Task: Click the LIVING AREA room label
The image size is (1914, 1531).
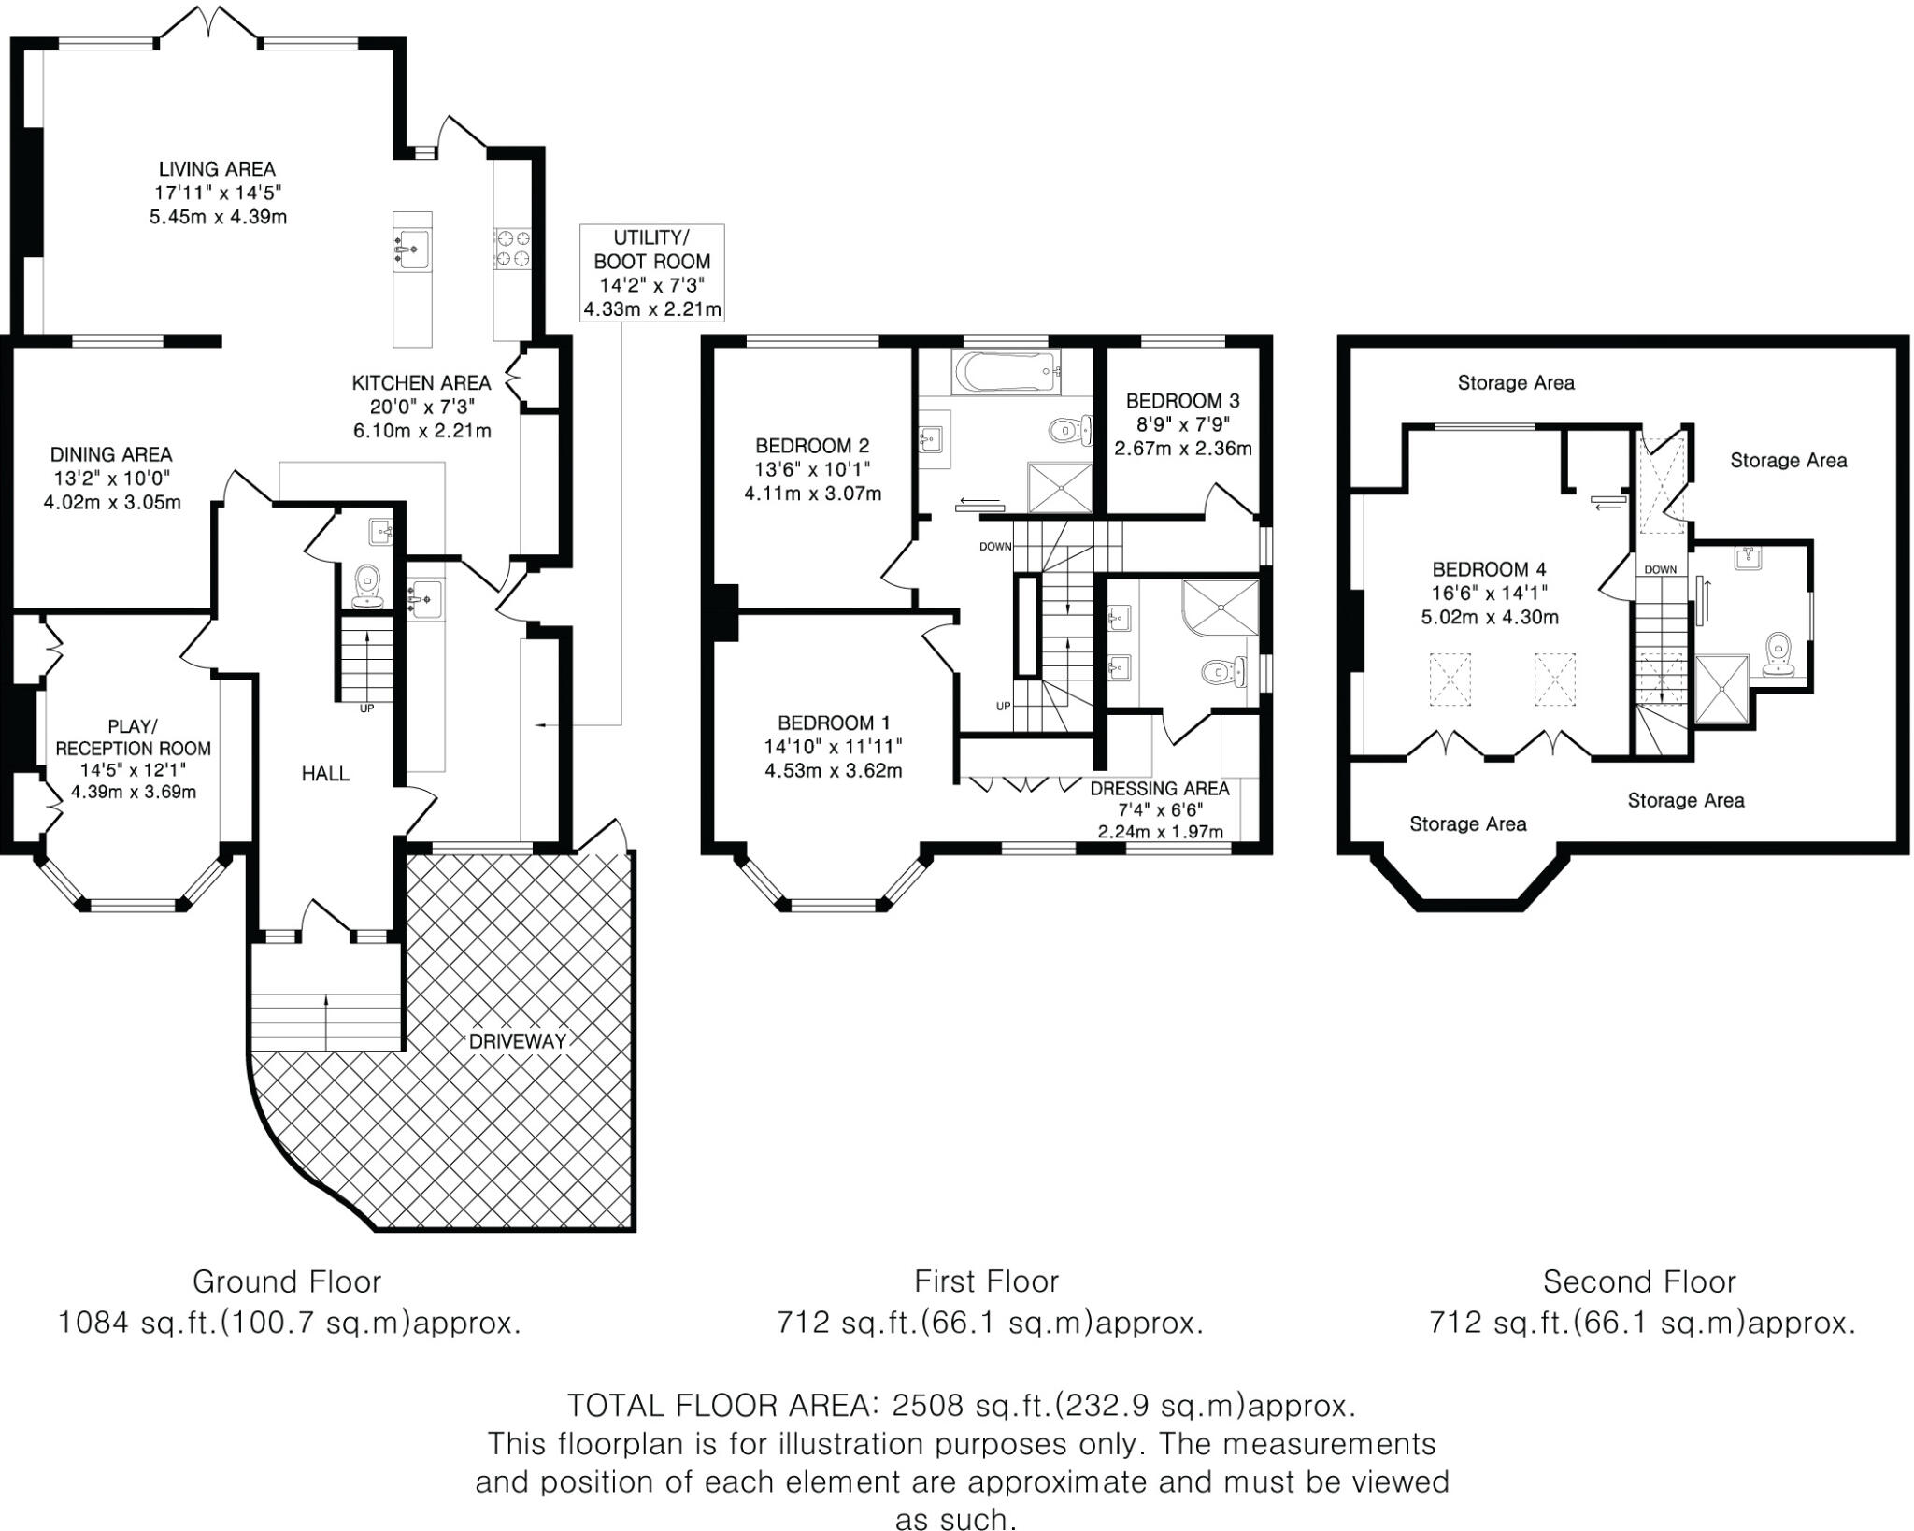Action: (217, 169)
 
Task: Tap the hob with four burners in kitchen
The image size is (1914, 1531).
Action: (511, 248)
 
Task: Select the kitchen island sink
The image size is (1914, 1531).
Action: (410, 249)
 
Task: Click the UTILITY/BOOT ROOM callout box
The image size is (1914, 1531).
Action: (651, 273)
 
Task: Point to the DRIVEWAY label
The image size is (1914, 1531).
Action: (518, 1041)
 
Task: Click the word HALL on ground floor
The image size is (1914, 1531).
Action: (325, 773)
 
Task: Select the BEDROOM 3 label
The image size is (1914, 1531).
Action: (1182, 401)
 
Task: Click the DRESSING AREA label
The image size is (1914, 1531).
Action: (1159, 788)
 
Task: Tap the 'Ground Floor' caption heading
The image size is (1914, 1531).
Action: (287, 1281)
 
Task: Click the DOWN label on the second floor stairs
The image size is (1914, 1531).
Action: (1660, 569)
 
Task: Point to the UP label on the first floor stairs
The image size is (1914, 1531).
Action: (1003, 706)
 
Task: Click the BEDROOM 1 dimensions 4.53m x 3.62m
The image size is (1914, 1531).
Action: (834, 771)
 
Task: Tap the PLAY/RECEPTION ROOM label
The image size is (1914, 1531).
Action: (133, 737)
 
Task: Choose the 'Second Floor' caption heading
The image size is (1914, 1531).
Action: (1639, 1281)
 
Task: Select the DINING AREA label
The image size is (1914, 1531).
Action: (111, 454)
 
